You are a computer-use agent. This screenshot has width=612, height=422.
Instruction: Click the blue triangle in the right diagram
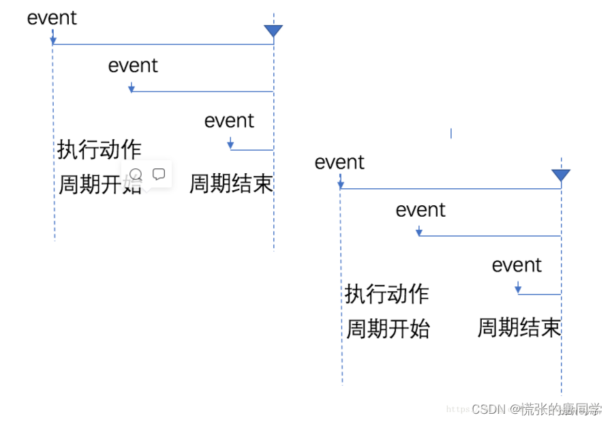pos(561,175)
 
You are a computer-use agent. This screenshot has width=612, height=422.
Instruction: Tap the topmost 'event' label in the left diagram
pos(52,18)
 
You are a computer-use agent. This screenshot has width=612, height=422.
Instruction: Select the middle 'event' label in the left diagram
pos(133,65)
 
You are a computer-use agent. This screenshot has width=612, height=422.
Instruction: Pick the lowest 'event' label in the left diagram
pos(229,121)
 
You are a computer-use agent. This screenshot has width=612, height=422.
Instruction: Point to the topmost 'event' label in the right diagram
pos(339,162)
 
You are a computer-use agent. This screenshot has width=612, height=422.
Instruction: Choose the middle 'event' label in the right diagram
pos(420,210)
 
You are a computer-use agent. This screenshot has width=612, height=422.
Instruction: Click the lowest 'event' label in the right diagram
pos(517,265)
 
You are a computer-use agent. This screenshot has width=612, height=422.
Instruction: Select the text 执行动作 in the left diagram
pos(100,149)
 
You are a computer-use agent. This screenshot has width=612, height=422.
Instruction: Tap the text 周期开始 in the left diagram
pos(100,184)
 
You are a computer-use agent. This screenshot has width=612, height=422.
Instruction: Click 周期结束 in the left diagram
pos(231,183)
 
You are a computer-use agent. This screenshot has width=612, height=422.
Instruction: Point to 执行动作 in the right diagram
pos(387,294)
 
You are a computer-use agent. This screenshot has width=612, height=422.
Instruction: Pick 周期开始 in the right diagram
pos(388,329)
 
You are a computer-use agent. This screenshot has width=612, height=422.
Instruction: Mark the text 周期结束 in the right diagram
pos(519,328)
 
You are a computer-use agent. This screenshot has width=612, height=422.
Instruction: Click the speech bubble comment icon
pos(159,175)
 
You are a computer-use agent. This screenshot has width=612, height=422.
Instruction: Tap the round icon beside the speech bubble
pos(136,175)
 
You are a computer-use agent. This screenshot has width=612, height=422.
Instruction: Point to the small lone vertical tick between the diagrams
pos(450,133)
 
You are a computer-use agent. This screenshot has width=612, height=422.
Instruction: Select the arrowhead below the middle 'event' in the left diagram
pos(132,89)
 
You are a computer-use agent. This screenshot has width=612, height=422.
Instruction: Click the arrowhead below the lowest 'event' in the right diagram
pos(518,290)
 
